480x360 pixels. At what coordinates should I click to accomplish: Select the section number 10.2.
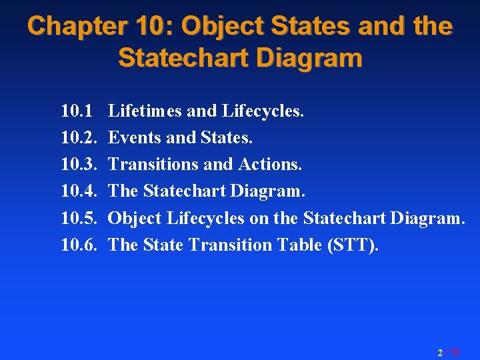(79, 137)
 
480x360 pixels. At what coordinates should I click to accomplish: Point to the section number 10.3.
(79, 164)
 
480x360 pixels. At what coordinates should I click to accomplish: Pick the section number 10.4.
(79, 191)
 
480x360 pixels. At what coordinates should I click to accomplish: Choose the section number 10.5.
(79, 218)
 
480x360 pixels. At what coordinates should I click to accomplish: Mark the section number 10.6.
(79, 245)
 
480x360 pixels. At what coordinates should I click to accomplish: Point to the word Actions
(273, 164)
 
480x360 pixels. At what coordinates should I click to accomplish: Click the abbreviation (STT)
(353, 245)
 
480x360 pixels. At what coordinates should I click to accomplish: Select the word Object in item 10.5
(135, 218)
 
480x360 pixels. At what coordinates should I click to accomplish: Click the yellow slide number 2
(440, 352)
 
